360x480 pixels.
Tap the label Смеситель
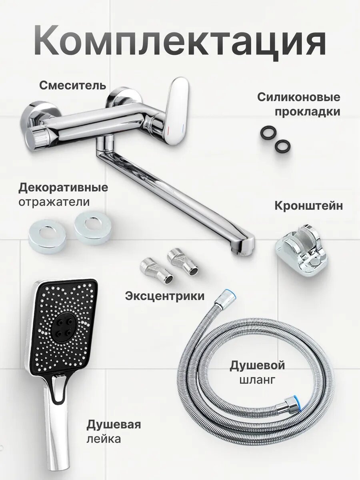point(72,85)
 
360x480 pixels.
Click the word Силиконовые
point(298,97)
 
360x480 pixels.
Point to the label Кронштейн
point(308,206)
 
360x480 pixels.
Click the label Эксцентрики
point(165,296)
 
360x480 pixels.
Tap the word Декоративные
point(63,188)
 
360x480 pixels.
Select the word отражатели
point(54,202)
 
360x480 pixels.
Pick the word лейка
point(104,439)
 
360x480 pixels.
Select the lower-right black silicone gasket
point(282,146)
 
